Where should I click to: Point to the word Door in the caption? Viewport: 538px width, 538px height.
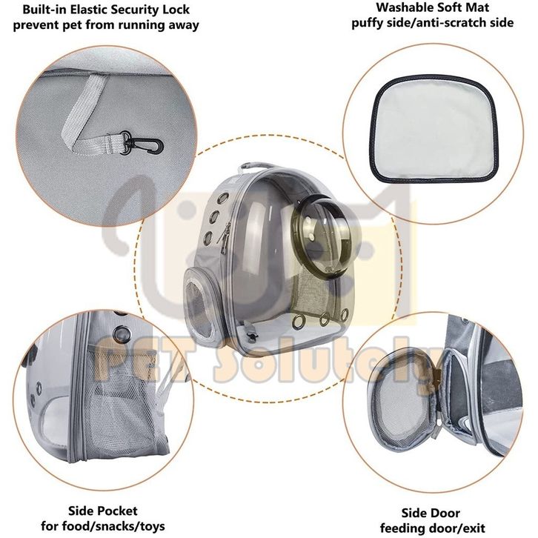tap(445, 513)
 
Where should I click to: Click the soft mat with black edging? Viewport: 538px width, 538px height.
tap(434, 127)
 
